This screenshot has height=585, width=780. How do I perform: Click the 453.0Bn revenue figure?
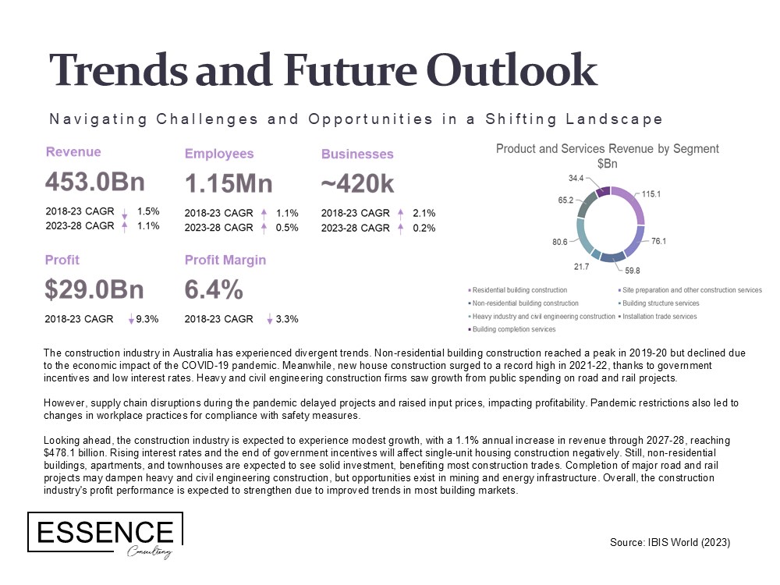(x=95, y=182)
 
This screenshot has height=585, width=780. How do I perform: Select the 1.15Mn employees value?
(x=229, y=183)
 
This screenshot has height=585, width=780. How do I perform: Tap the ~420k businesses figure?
(x=357, y=184)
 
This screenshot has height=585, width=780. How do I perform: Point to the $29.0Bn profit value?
(x=94, y=289)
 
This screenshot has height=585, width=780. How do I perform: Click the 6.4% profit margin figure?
(x=214, y=289)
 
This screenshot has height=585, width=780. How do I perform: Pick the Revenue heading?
(x=73, y=152)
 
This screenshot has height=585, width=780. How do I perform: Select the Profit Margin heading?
(x=225, y=261)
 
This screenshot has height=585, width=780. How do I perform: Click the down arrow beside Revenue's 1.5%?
(x=124, y=213)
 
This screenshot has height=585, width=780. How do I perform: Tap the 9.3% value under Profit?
(x=147, y=319)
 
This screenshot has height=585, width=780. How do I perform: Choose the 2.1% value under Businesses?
(x=424, y=213)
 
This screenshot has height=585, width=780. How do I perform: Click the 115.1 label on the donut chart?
(x=651, y=194)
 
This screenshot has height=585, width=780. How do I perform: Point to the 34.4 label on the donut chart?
(x=576, y=178)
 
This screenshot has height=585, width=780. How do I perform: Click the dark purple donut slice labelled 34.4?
(x=603, y=192)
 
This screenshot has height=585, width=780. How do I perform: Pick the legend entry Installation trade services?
(x=660, y=317)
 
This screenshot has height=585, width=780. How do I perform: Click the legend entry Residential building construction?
(x=519, y=290)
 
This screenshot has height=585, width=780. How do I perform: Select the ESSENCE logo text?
(x=105, y=532)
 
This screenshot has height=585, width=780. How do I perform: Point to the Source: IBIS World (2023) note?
(x=670, y=542)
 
